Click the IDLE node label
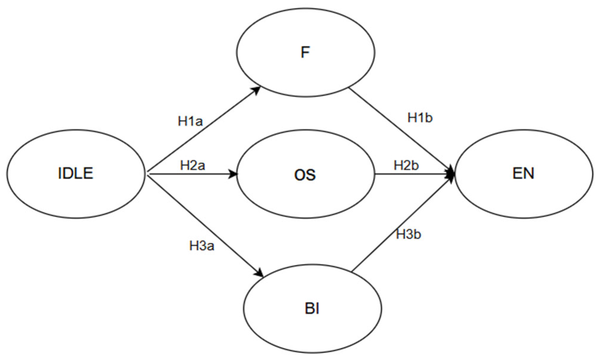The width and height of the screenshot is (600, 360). tap(76, 173)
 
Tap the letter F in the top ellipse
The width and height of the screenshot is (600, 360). tap(305, 52)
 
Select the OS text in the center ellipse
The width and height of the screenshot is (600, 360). tap(305, 175)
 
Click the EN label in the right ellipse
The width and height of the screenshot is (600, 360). tap(523, 173)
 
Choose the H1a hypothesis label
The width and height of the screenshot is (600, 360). tap(190, 121)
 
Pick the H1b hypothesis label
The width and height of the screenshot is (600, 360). tap(420, 118)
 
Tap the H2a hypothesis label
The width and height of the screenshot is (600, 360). tap(192, 165)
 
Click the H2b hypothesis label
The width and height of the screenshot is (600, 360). tap(406, 165)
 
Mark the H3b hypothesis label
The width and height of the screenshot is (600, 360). tap(408, 235)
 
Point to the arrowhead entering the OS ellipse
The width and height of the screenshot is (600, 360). tap(233, 174)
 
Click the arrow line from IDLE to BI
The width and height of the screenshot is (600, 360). tap(205, 224)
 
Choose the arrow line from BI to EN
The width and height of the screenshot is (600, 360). tap(400, 224)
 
